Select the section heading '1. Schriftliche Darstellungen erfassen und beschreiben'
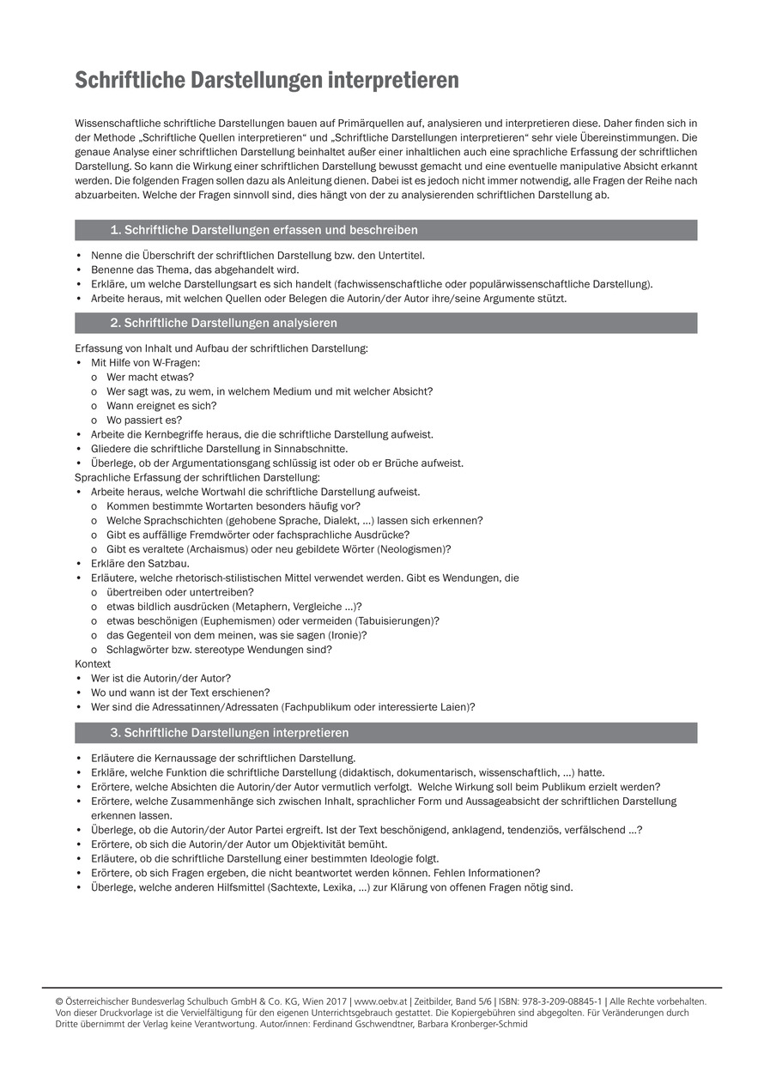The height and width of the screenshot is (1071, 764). (x=264, y=230)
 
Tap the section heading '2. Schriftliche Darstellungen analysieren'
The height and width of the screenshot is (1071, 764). (x=223, y=324)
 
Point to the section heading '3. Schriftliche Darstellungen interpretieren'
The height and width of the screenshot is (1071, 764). (x=229, y=734)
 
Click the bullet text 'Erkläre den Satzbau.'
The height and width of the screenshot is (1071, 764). (x=140, y=564)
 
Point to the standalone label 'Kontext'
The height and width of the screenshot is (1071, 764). (x=93, y=664)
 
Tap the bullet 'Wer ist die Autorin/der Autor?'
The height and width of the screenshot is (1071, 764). (x=161, y=678)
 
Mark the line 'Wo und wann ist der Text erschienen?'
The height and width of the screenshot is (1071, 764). (x=180, y=693)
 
